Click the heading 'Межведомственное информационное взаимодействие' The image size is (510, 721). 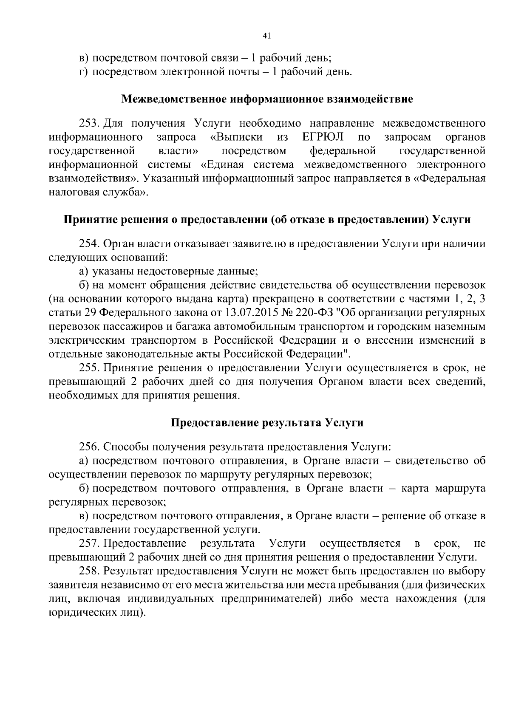(267, 100)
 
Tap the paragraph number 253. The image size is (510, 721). (89, 124)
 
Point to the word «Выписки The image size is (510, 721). (236, 137)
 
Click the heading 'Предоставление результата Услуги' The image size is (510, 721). (267, 423)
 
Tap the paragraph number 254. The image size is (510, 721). (89, 244)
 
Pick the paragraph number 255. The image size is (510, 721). (89, 368)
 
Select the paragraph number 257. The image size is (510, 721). (89, 543)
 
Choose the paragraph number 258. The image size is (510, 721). (89, 571)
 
